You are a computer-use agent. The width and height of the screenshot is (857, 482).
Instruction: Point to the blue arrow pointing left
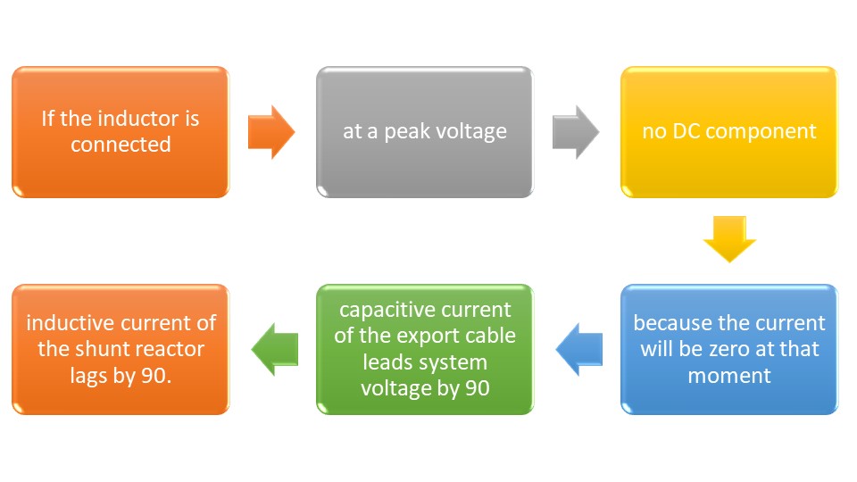click(578, 350)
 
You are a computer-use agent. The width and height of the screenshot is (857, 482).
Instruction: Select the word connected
click(121, 144)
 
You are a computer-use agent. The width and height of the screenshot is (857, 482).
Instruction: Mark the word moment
click(729, 375)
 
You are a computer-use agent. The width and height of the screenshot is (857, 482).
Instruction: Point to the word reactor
click(172, 349)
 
